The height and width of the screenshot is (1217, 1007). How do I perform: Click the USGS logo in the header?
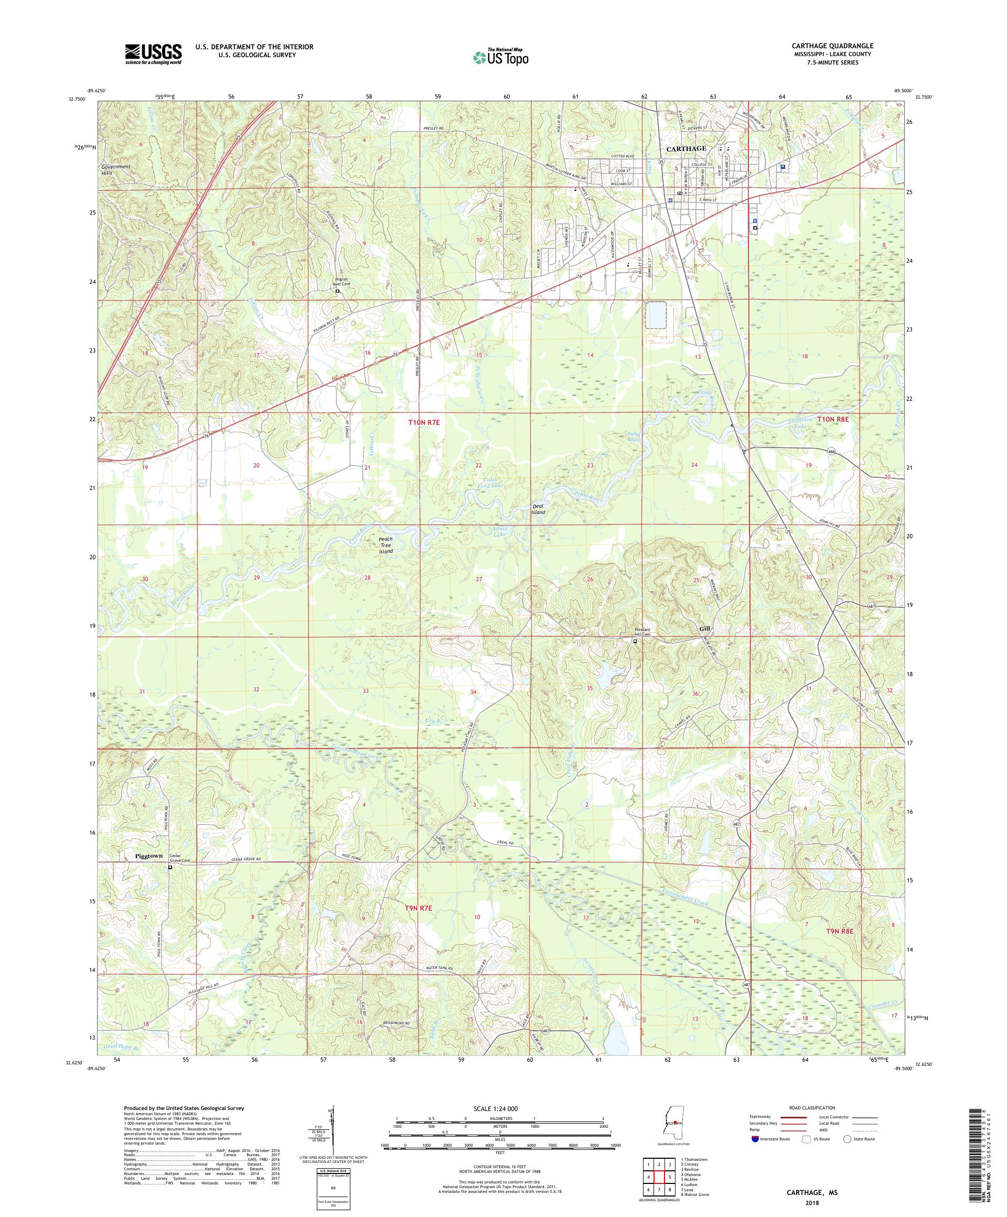153,55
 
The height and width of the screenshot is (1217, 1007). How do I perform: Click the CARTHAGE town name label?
686,148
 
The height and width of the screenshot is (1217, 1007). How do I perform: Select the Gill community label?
704,629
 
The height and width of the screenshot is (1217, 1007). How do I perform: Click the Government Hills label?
114,169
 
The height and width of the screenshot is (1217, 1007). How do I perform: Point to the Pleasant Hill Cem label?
641,631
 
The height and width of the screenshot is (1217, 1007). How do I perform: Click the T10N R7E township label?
424,423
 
